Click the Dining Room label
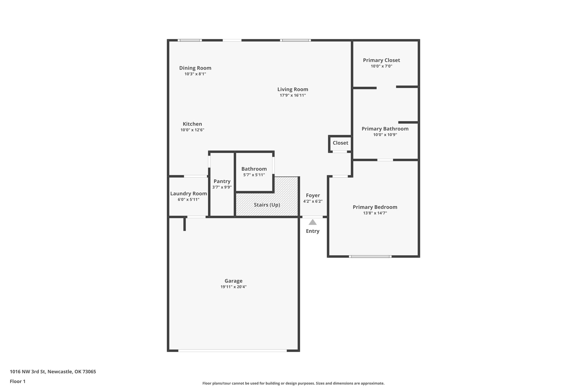tap(195, 68)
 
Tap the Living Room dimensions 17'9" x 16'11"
tap(293, 95)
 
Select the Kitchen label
tap(192, 124)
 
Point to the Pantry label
tap(222, 181)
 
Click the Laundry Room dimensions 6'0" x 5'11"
tap(188, 200)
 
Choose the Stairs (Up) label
tap(267, 205)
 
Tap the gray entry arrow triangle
tap(312, 222)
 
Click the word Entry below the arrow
tap(312, 231)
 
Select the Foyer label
tap(313, 195)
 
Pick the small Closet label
tap(340, 143)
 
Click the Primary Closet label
tap(381, 60)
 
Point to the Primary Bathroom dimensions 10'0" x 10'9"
tap(385, 135)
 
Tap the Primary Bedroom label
tap(375, 207)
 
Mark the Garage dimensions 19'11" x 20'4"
tap(233, 287)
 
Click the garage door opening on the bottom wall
tap(232, 350)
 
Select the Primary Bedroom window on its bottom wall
tap(370, 256)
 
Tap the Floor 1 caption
tap(17, 382)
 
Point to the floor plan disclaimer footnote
tap(293, 383)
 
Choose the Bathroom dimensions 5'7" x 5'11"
tap(254, 175)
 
